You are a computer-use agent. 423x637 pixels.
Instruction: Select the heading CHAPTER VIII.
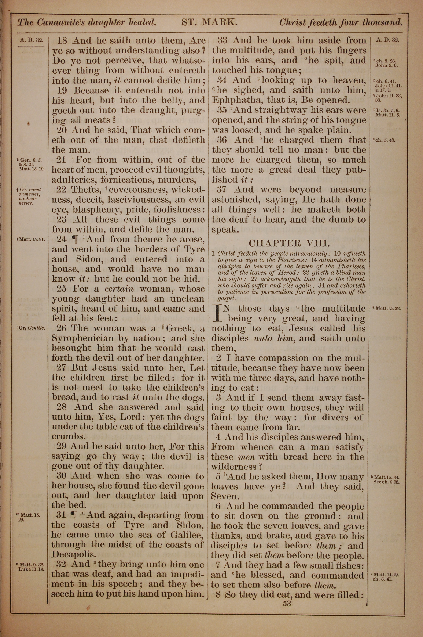click(x=289, y=243)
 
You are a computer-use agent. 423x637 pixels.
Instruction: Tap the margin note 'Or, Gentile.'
click(x=31, y=328)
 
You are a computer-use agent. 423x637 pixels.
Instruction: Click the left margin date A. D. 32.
click(x=31, y=40)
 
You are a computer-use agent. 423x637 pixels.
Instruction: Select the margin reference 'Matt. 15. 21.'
click(x=32, y=239)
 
